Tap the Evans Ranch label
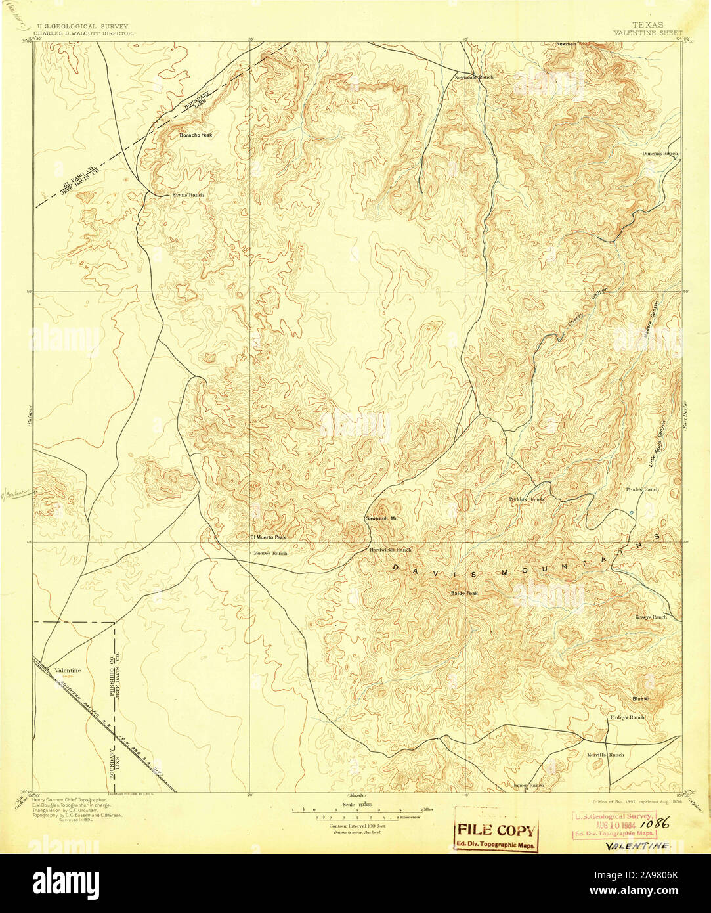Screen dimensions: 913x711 point(188,195)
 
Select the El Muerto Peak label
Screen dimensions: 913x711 point(268,537)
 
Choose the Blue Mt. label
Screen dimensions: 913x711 point(641,699)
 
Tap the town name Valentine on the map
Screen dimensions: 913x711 point(68,670)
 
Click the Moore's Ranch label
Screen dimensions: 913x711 point(271,553)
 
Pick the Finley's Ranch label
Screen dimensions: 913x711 point(627,717)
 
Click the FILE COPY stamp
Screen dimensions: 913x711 point(496,830)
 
